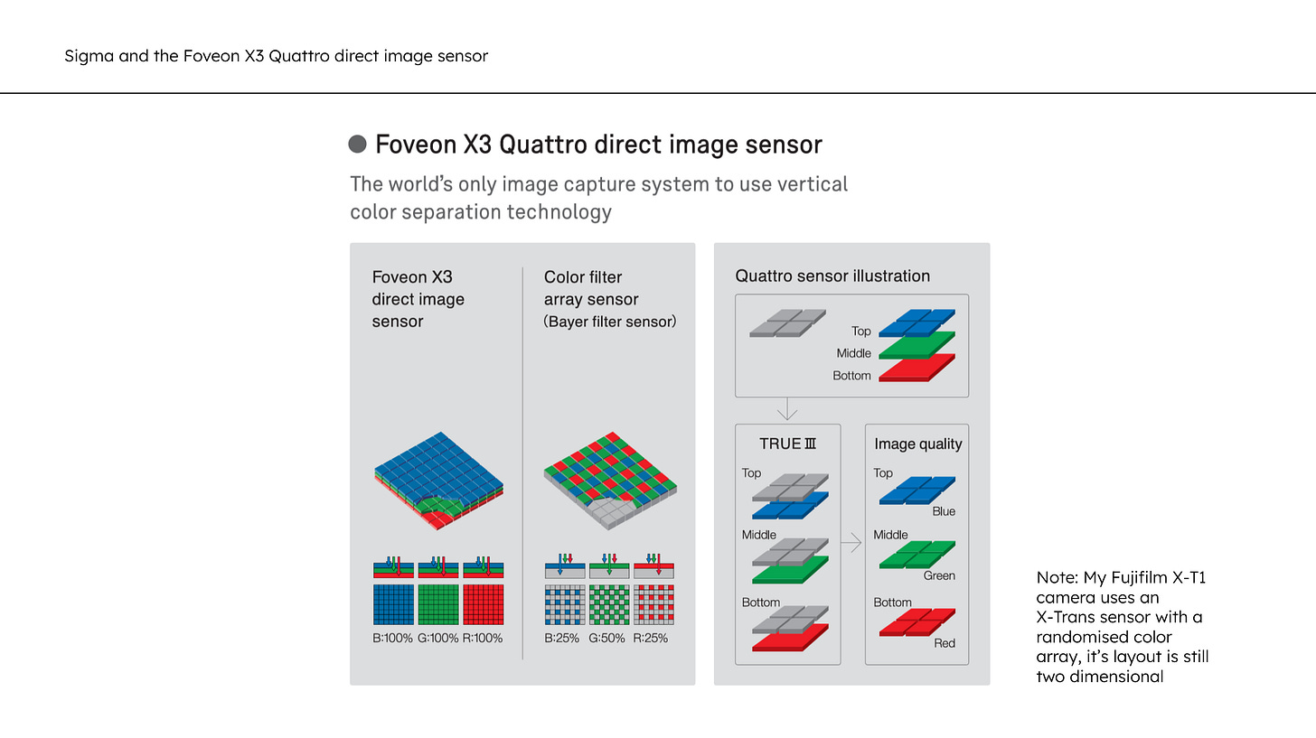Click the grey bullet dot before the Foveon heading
358,145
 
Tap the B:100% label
392,638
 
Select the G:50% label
609,638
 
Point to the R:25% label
653,638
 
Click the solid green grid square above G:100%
437,604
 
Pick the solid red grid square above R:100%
483,604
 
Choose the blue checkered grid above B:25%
565,604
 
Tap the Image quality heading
918,444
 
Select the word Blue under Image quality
944,511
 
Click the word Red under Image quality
945,643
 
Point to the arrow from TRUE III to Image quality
851,544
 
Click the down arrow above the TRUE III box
787,410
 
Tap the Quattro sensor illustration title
832,276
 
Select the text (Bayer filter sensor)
610,322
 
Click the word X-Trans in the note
1067,617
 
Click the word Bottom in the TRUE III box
761,603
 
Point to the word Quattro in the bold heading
540,145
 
